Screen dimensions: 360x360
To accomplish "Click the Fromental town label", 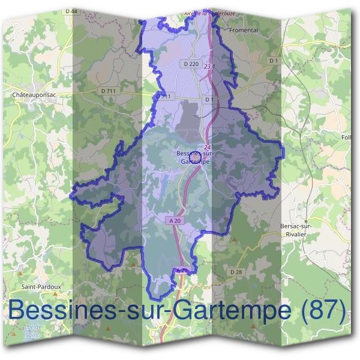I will coord(244,29).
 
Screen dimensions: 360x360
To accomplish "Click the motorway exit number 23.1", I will coord(209,66).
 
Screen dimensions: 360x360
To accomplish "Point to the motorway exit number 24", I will coord(207,147).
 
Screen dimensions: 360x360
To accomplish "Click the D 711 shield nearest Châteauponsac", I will coord(107,91).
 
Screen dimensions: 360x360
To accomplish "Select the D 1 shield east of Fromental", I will coord(274,61).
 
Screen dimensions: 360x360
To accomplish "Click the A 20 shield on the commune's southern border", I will coord(182,271).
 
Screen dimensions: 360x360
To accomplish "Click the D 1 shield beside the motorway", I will coord(209,99).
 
